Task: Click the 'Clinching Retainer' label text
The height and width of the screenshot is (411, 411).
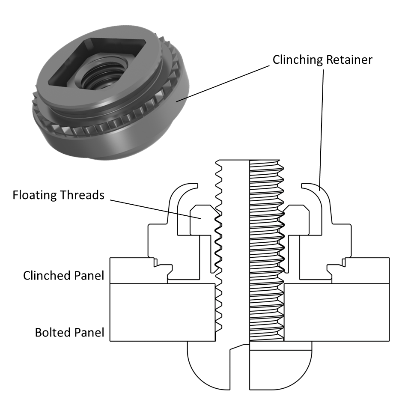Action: [322, 60]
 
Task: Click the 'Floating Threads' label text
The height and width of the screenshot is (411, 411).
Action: [58, 195]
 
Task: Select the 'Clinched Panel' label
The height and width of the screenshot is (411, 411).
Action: [64, 275]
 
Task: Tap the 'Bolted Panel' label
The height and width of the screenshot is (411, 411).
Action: [70, 332]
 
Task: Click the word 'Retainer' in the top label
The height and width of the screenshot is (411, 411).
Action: [349, 60]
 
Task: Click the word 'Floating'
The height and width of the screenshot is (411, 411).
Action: [34, 195]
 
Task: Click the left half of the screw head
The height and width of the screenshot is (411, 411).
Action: [210, 364]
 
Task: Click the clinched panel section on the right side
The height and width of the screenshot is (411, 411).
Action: [368, 270]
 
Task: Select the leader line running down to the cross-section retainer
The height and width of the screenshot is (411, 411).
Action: [322, 128]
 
